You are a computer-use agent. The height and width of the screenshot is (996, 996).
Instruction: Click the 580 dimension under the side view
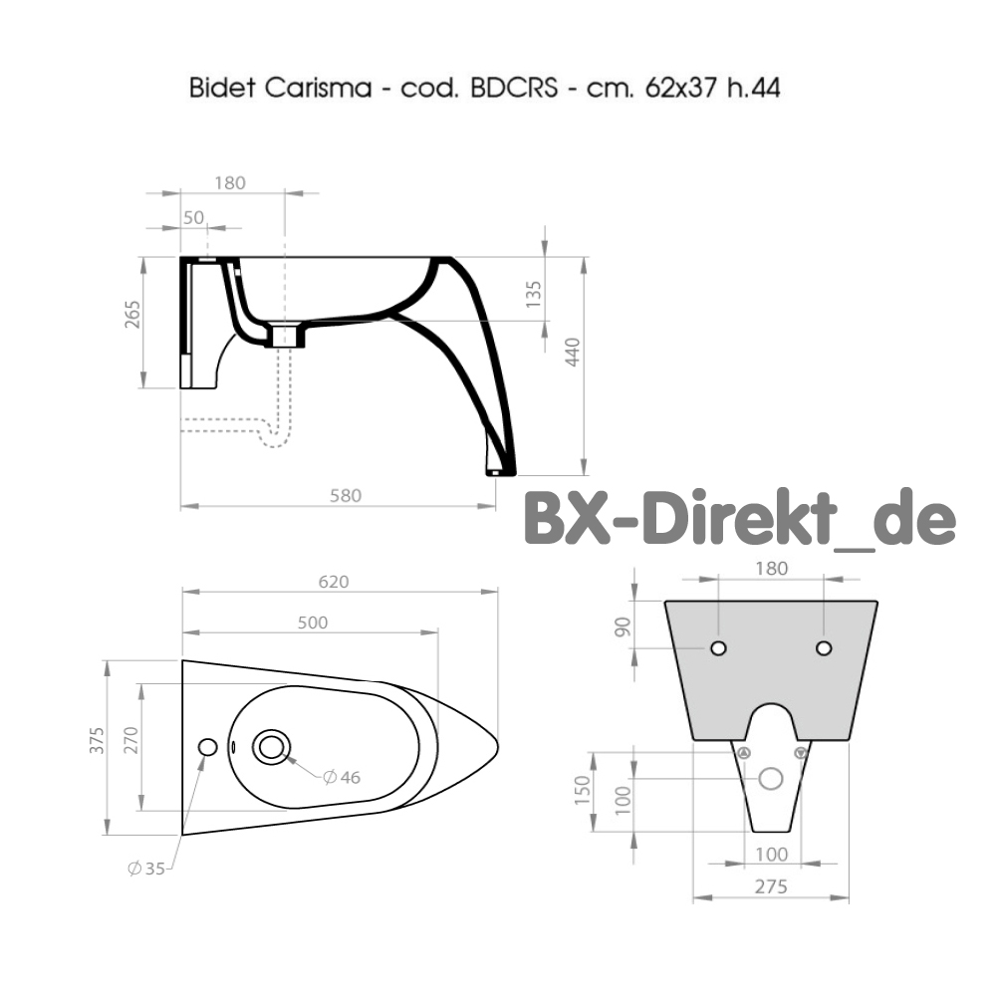[345, 494]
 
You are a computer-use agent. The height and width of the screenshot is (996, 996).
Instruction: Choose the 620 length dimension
[334, 582]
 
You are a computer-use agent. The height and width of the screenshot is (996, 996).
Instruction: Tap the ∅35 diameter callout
[146, 868]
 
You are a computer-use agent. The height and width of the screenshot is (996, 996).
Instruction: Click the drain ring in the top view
[271, 746]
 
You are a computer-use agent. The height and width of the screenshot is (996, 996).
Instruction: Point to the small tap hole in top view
[208, 746]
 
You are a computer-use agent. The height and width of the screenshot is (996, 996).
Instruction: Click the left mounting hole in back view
[718, 648]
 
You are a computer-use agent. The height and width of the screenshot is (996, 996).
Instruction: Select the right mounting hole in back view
[824, 648]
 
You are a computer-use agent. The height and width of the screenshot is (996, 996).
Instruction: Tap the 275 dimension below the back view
[771, 886]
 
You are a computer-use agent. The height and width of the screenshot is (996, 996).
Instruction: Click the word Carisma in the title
[306, 88]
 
